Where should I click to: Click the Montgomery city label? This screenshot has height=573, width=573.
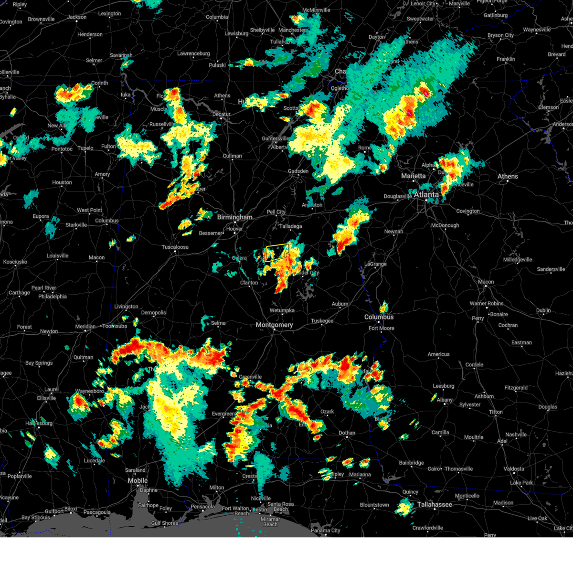pyautogui.click(x=274, y=325)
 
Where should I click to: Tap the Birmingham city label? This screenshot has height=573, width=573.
pyautogui.click(x=234, y=217)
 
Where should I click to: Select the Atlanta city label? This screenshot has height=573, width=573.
pyautogui.click(x=426, y=195)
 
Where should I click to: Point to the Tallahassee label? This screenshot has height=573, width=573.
pyautogui.click(x=435, y=505)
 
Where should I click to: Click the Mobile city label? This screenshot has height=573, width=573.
pyautogui.click(x=138, y=481)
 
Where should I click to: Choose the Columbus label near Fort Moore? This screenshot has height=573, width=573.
pyautogui.click(x=379, y=317)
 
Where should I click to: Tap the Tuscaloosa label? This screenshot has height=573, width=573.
pyautogui.click(x=175, y=247)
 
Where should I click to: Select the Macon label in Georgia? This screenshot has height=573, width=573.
pyautogui.click(x=486, y=282)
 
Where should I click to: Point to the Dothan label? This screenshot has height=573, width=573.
pyautogui.click(x=347, y=433)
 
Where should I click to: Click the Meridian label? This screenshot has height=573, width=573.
pyautogui.click(x=85, y=327)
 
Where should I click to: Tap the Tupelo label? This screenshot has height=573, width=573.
pyautogui.click(x=85, y=148)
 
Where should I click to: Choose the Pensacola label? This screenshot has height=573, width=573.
pyautogui.click(x=202, y=507)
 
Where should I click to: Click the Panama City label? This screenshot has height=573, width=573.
pyautogui.click(x=326, y=531)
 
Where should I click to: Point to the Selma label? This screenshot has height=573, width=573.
pyautogui.click(x=218, y=323)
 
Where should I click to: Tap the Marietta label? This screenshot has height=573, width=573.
pyautogui.click(x=414, y=176)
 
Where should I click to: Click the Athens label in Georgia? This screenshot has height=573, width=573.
pyautogui.click(x=508, y=177)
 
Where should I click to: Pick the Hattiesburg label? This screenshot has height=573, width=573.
pyautogui.click(x=40, y=424)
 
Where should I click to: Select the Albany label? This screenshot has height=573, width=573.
pyautogui.click(x=445, y=400)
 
